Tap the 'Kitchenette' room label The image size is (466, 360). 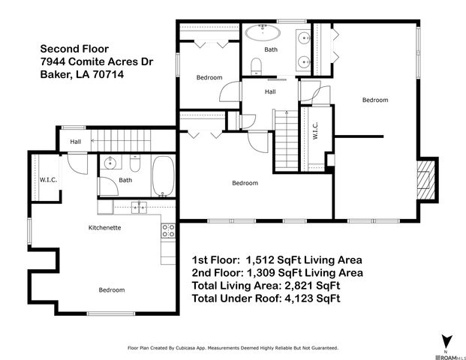[105, 227]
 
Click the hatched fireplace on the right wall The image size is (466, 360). [425, 181]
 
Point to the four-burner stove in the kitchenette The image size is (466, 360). [169, 231]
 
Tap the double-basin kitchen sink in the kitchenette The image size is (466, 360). [140, 208]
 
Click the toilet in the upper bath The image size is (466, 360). [256, 67]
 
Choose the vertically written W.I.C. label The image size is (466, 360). [314, 131]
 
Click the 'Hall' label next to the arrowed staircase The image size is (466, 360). [75, 142]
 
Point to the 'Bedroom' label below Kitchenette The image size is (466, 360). [112, 289]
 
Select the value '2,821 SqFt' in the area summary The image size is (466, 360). [309, 286]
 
